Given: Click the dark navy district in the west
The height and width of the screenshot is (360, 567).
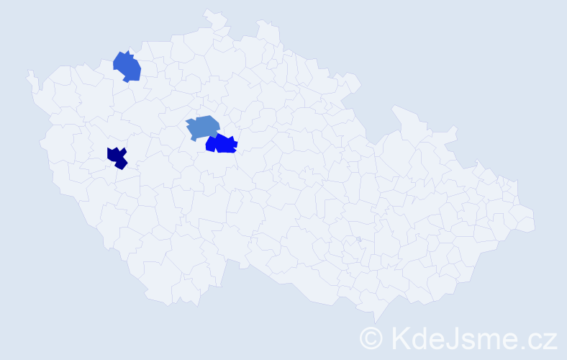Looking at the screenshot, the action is (117, 157).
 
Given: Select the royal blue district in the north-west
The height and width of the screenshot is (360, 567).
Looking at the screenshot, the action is (127, 67).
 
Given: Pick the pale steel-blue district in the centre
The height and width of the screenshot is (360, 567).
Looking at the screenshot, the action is (202, 127).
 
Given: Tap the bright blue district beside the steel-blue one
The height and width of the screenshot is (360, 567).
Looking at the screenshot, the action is (222, 144).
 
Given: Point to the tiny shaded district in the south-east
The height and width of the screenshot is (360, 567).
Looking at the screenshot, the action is (358, 240).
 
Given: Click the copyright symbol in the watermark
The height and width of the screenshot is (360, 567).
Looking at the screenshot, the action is (372, 338).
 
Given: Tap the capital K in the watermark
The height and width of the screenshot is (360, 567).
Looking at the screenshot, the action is (399, 338).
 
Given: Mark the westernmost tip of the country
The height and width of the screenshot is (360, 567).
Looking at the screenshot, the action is (29, 73).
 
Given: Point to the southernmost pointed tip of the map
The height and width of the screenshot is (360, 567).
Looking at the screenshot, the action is (375, 322).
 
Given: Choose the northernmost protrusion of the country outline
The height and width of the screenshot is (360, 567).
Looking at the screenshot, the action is (208, 11).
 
